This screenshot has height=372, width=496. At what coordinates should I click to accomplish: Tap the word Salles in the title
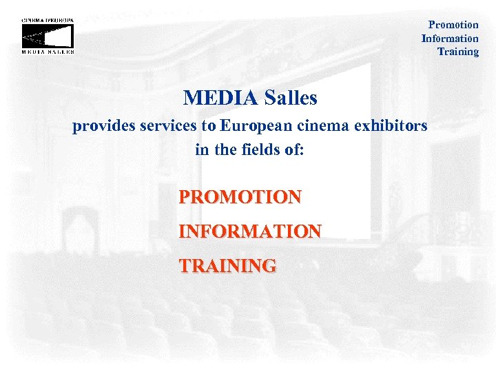(x=291, y=99)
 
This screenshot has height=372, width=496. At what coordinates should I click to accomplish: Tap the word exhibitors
(x=391, y=127)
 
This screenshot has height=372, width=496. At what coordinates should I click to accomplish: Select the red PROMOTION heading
(x=240, y=197)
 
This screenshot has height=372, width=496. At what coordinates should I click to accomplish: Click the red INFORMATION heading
(x=249, y=231)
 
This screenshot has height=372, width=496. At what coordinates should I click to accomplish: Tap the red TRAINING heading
(x=227, y=265)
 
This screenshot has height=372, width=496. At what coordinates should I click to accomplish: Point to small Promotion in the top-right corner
(x=453, y=25)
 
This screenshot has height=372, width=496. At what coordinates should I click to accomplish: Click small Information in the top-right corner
(x=450, y=39)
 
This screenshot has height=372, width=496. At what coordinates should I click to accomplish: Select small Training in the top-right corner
(x=458, y=52)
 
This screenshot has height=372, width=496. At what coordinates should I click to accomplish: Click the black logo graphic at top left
(x=48, y=35)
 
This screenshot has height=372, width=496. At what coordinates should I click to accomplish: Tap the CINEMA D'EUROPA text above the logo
(x=48, y=20)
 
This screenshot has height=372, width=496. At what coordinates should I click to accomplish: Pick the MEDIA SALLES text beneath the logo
(x=48, y=52)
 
